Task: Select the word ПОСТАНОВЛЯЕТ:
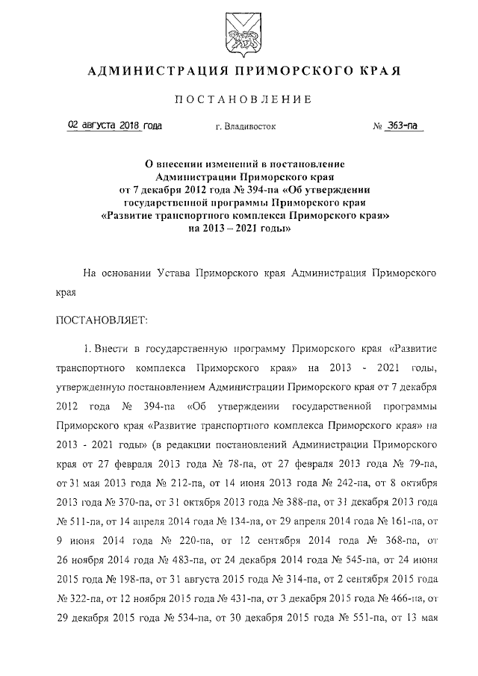(x=102, y=320)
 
